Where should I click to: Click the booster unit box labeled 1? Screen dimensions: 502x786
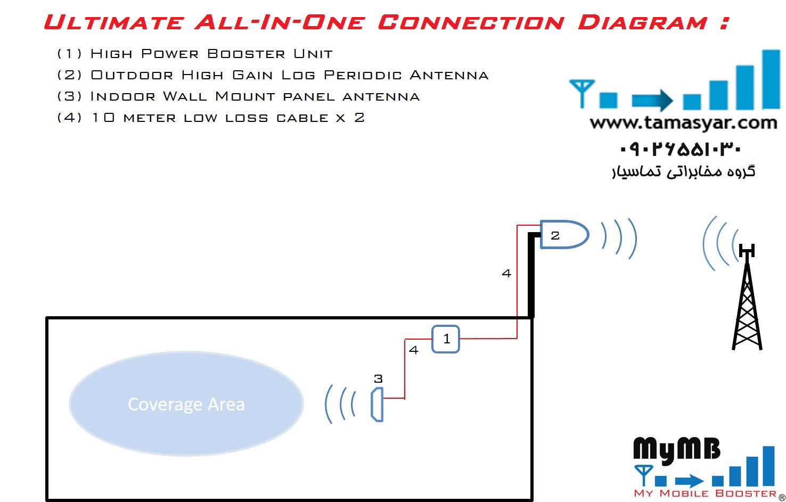click(x=446, y=339)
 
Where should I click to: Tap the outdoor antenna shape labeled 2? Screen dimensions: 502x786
click(x=563, y=235)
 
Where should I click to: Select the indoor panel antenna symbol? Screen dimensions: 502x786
click(x=377, y=405)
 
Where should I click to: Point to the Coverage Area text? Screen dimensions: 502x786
click(x=186, y=405)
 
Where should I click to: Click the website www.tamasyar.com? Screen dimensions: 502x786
click(x=683, y=123)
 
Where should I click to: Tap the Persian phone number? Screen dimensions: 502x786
click(x=681, y=149)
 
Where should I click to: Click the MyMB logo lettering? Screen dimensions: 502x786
click(x=676, y=450)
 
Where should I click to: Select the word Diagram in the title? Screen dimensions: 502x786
click(x=643, y=22)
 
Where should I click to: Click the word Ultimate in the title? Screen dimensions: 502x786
click(x=113, y=22)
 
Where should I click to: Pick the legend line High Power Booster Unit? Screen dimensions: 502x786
click(x=195, y=54)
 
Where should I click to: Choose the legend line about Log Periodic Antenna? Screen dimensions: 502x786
click(x=273, y=75)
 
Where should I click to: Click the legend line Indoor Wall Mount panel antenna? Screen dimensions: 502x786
click(x=238, y=96)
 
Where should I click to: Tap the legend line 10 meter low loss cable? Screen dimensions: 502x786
click(x=210, y=118)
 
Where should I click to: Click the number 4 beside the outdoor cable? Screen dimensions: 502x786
click(x=506, y=274)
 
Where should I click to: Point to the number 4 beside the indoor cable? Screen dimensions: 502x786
click(x=414, y=350)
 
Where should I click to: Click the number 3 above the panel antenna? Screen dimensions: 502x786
click(x=378, y=379)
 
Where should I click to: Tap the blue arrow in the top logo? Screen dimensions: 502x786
click(x=652, y=100)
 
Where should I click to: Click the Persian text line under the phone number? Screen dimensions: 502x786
click(x=683, y=171)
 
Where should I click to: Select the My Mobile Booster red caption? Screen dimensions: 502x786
click(x=705, y=493)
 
